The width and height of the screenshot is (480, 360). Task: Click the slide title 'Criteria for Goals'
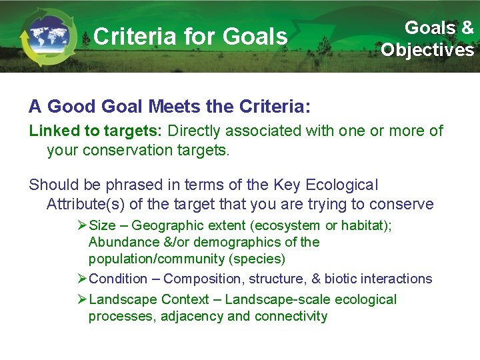[191, 36]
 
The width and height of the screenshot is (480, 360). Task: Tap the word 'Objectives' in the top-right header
[427, 50]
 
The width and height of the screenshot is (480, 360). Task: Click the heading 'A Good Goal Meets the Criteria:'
[169, 107]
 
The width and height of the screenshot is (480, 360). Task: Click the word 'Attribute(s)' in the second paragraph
[84, 204]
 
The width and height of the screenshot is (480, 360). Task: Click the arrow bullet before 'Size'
[82, 226]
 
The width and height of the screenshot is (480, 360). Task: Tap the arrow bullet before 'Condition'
[82, 279]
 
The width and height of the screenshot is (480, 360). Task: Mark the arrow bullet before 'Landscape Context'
[82, 300]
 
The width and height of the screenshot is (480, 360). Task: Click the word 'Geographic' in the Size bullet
[166, 226]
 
